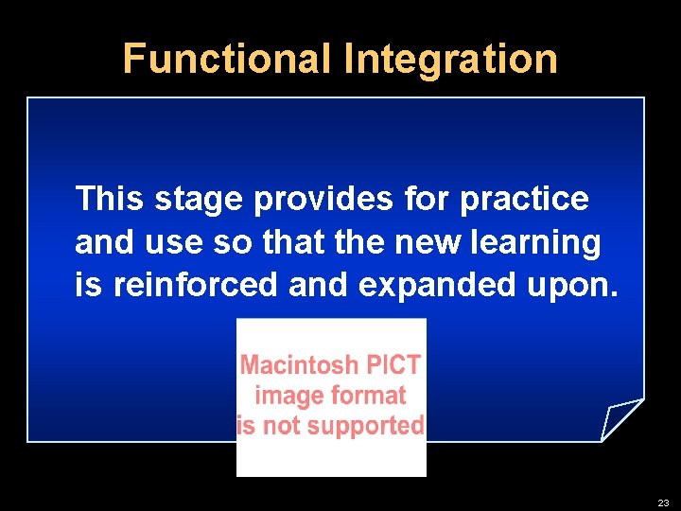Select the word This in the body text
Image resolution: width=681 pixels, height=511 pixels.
(x=109, y=199)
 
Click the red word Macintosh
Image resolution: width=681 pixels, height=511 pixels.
(x=299, y=365)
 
